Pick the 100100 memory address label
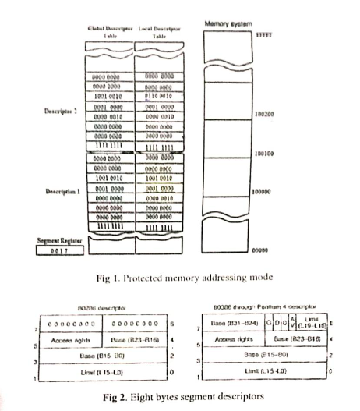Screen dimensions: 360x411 (265, 154)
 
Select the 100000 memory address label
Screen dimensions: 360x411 (265, 190)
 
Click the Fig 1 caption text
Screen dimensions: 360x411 (178, 277)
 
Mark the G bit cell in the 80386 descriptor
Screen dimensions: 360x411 (269, 322)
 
